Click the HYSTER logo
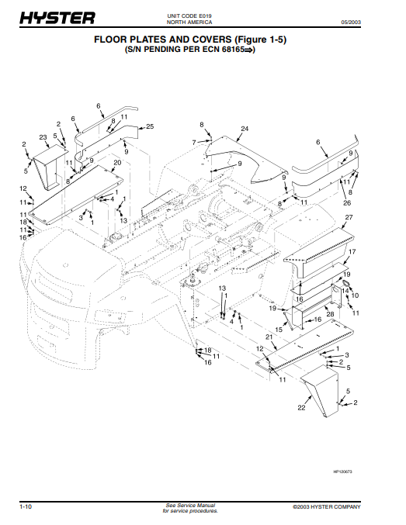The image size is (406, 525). (x=57, y=18)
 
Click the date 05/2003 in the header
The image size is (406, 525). (x=351, y=22)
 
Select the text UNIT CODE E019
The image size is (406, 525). (x=189, y=16)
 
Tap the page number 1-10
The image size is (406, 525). (x=26, y=506)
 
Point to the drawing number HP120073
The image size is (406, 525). (x=342, y=471)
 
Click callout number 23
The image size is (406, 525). (x=43, y=137)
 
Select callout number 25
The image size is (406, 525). (x=150, y=126)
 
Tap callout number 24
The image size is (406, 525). (x=245, y=129)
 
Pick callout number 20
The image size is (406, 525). (x=117, y=163)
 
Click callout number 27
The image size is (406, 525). (x=349, y=217)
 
